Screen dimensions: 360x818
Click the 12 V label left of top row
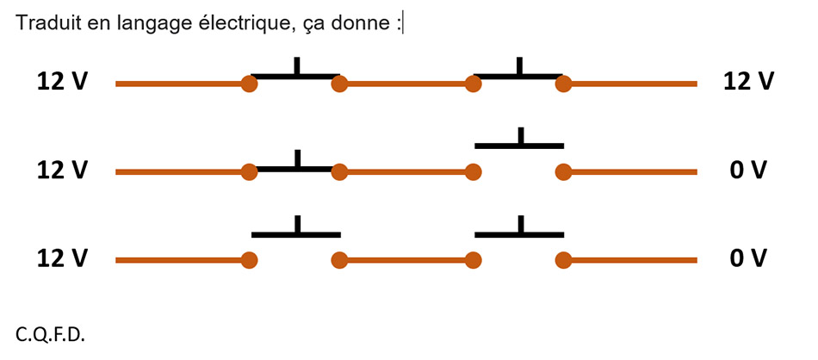pos(62,82)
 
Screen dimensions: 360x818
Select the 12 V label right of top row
pos(749,82)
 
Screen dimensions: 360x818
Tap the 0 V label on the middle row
pos(748,171)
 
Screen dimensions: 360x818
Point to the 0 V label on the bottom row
pos(748,258)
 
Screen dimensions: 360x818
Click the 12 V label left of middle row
pos(62,171)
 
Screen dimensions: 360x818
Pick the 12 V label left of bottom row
pos(62,258)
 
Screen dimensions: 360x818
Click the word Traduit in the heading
pos(42,23)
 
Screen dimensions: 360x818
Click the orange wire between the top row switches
pos(406,84)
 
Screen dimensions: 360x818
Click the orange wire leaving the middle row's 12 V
pos(181,172)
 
